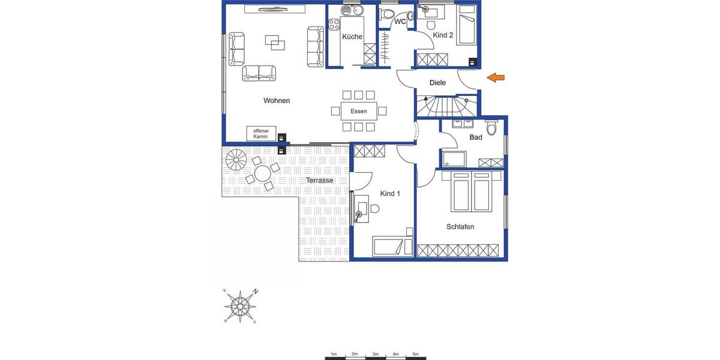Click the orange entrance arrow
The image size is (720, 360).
point(496,77)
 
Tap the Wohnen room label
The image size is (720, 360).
point(277,101)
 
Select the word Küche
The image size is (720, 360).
point(352,37)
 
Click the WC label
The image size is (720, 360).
point(400,22)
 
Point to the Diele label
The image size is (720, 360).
point(438,83)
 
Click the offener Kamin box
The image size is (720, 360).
point(260,133)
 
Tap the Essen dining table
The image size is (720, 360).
point(359,111)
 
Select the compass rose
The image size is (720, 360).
point(240,306)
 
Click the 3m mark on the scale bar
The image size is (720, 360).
point(375,354)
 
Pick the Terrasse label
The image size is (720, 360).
point(319,180)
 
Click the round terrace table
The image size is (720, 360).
point(263,175)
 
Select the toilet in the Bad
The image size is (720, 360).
point(492,128)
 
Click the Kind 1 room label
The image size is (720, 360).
point(390,194)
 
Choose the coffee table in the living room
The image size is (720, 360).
point(275,43)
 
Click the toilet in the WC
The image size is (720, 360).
point(387,14)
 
